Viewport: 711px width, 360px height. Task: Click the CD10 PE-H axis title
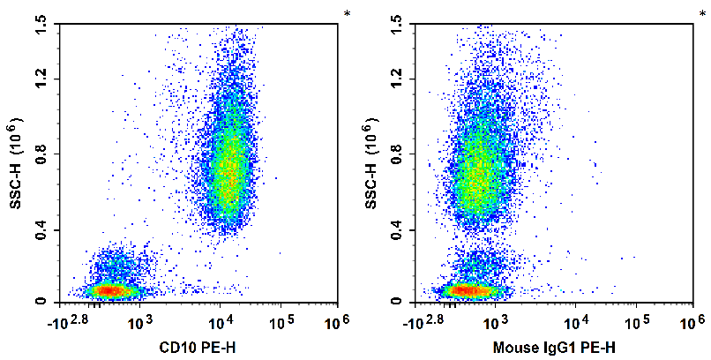point(198,348)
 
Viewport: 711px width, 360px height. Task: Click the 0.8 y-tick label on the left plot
point(41,155)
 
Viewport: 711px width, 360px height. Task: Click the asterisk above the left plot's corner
point(348,13)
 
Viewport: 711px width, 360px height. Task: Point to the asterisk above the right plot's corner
point(703,13)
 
